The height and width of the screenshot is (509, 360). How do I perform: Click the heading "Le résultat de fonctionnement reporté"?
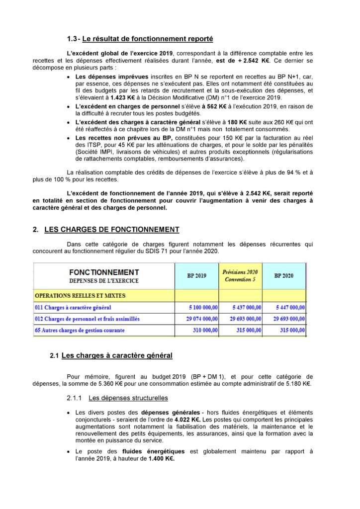148,39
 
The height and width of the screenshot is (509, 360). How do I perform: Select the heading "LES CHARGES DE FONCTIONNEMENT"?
112,229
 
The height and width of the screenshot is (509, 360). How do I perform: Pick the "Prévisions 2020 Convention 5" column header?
240,275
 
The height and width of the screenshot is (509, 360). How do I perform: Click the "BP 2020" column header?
284,275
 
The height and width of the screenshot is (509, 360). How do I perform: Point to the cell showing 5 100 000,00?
202,308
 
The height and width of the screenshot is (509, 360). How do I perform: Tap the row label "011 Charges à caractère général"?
73,308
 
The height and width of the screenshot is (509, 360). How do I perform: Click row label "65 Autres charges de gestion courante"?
80,330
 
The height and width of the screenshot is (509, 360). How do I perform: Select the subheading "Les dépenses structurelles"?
128,398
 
